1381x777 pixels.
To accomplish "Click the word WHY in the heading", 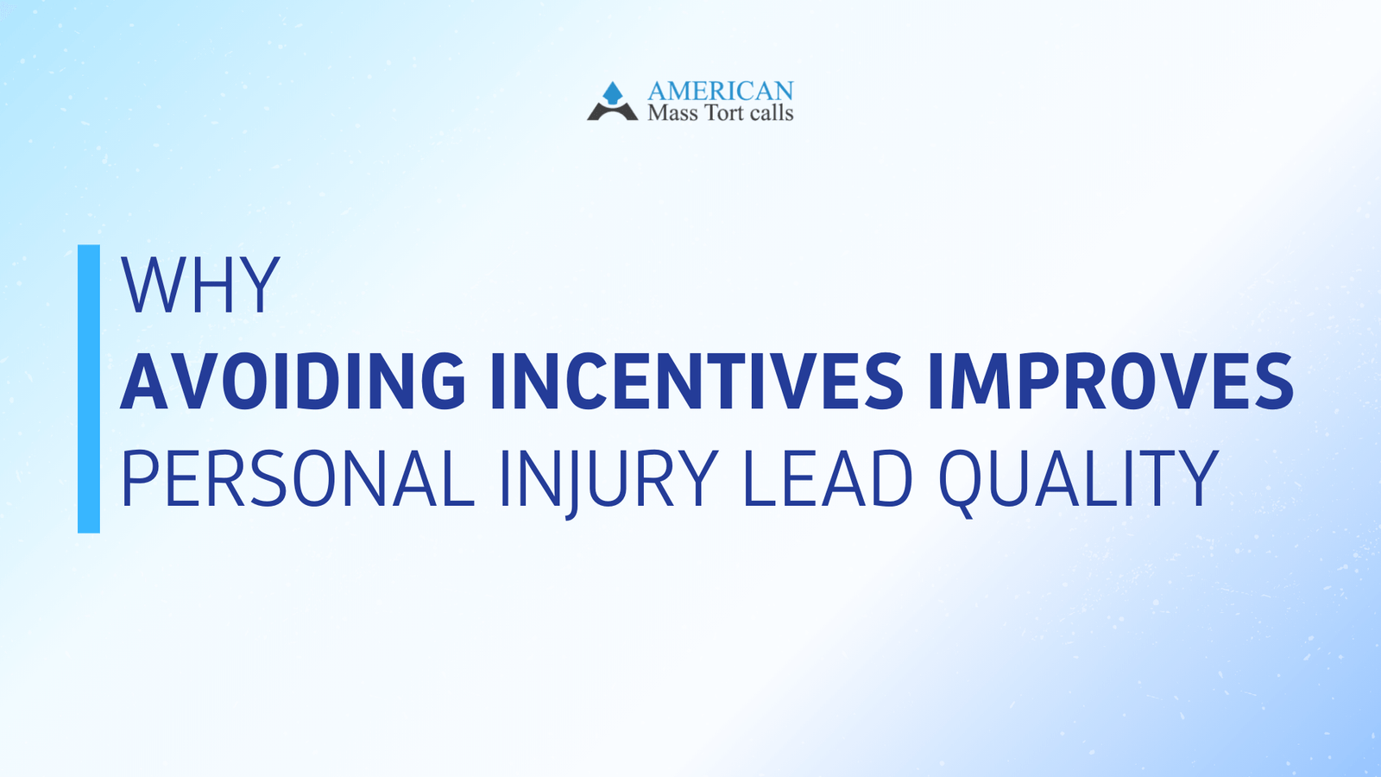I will point(200,285).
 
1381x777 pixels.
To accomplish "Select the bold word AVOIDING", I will point(293,381).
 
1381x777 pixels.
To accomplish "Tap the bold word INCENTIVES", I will point(697,381).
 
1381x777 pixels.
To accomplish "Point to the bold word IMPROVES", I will point(1110,381).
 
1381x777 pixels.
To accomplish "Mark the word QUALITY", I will point(1078,479).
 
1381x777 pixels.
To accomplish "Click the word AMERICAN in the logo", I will point(720,91).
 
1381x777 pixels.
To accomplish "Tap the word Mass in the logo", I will point(672,113).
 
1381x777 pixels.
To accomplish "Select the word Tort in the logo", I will point(723,113).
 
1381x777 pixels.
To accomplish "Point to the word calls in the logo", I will point(771,113).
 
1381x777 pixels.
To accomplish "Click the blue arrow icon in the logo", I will point(613,92).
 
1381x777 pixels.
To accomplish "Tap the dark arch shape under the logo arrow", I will point(612,112).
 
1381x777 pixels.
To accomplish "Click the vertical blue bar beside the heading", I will point(89,388).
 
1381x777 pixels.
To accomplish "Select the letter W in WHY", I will point(152,285).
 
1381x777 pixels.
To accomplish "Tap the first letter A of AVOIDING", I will point(145,381).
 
